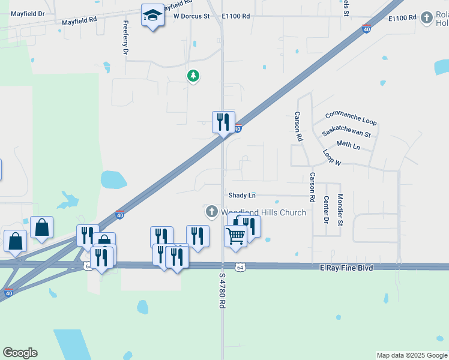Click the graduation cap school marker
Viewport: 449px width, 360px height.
(152, 16)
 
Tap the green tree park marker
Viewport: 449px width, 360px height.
(193, 76)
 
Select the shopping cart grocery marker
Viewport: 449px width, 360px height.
(235, 235)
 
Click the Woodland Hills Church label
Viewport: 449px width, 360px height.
(264, 212)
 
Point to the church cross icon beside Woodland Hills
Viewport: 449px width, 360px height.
(211, 212)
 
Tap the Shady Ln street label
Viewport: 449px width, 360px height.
(242, 196)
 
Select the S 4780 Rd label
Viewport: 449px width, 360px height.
(221, 291)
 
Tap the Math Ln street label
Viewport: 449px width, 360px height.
(348, 145)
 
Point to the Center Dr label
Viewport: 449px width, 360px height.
(326, 209)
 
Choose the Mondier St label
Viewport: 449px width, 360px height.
(340, 209)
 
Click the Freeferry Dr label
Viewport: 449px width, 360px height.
(125, 38)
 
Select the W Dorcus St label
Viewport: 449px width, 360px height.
(191, 17)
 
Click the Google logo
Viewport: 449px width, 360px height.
(20, 353)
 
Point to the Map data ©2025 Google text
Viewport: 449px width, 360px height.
(412, 355)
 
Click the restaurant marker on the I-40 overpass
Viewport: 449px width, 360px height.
(223, 122)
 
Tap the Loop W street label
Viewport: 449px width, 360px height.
(331, 158)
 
